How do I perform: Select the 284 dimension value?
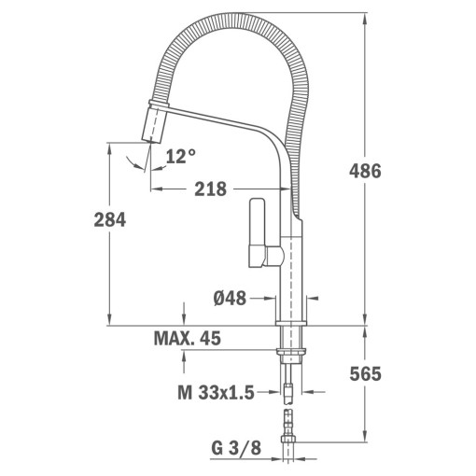(109, 219)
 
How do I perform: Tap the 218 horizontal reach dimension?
(210, 189)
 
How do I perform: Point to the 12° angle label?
(180, 157)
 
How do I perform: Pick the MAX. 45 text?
(188, 339)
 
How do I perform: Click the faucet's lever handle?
(257, 231)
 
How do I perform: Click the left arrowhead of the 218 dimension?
(156, 189)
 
